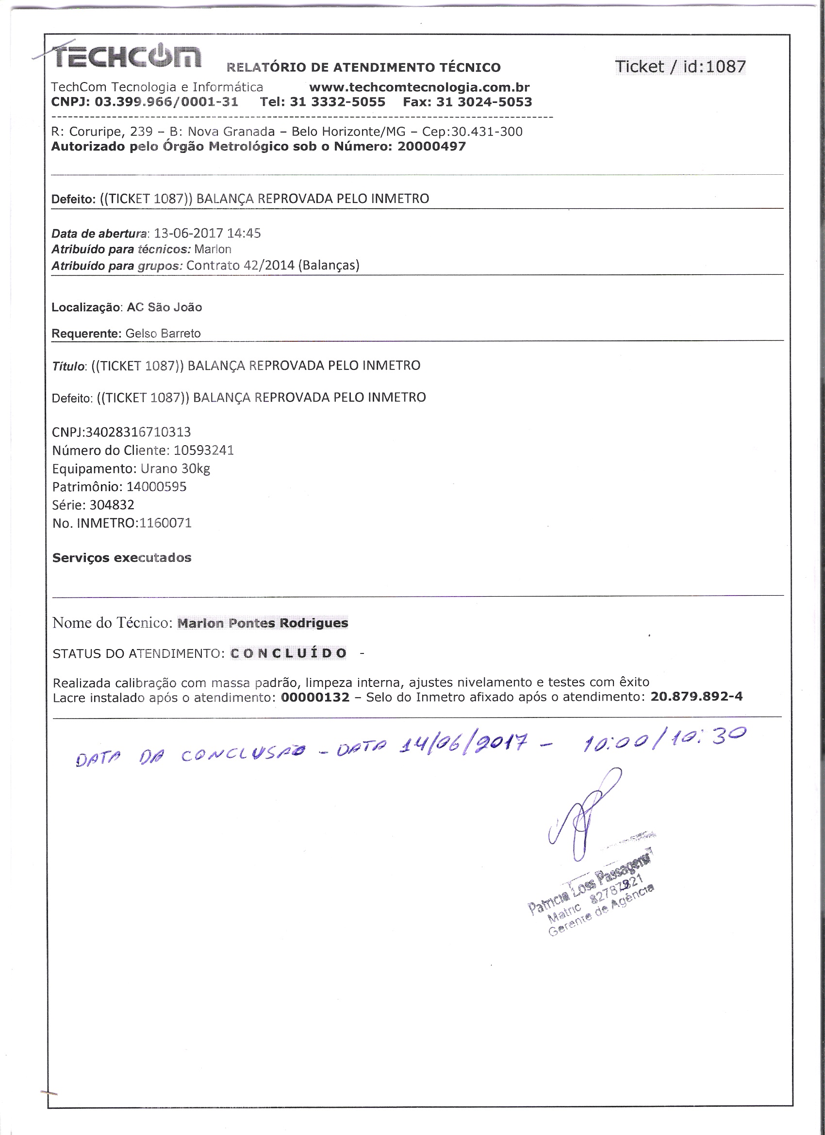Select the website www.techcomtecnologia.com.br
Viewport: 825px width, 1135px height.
coord(419,87)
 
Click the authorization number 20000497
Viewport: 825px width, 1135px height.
coord(431,147)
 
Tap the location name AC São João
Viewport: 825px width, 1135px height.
coord(164,307)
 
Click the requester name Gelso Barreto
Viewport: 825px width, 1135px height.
coord(163,334)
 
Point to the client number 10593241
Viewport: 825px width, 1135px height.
coord(204,451)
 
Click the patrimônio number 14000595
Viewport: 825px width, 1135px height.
coord(156,487)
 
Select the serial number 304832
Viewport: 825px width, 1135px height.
coord(112,505)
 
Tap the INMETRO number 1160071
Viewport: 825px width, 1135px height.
coord(165,523)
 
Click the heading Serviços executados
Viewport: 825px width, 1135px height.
coord(122,558)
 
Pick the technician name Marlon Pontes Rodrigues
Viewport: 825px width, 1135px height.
coord(263,623)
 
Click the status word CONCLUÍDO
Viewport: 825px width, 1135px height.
coord(288,653)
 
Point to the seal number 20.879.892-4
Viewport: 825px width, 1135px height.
coord(696,697)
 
